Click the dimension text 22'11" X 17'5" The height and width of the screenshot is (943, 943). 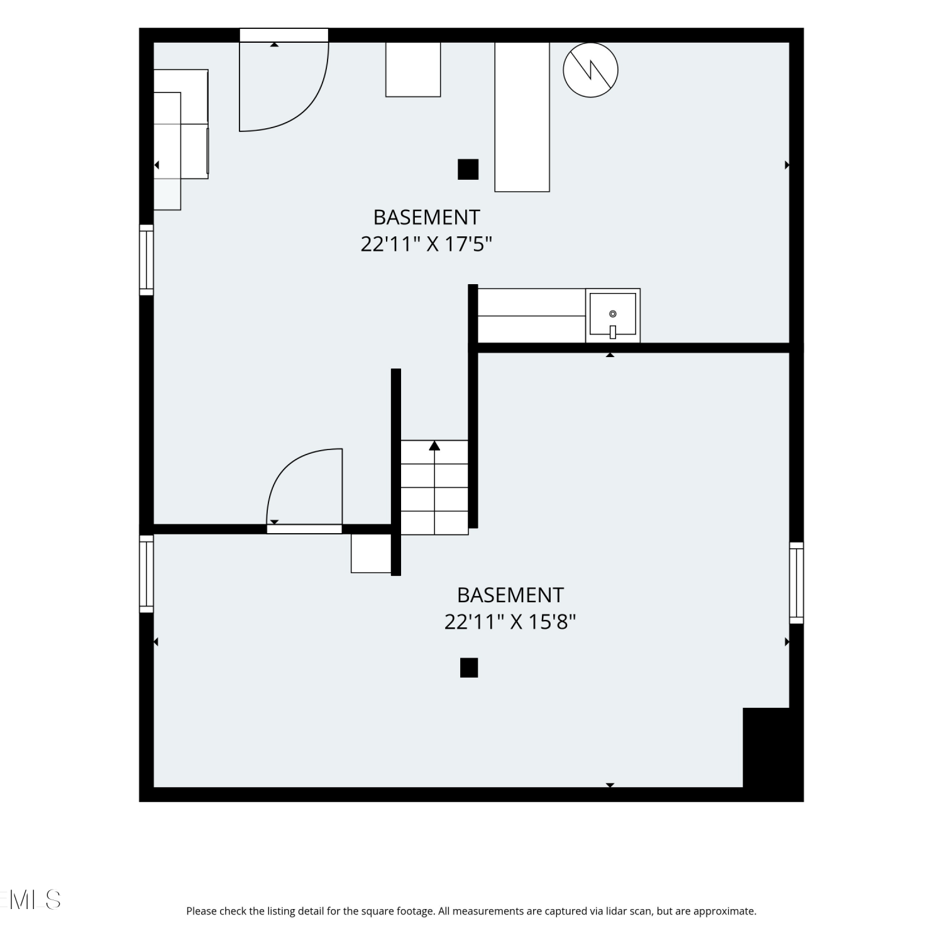(x=426, y=244)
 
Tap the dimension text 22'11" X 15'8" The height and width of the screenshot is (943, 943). (x=510, y=622)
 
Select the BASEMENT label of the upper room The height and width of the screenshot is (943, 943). (x=426, y=217)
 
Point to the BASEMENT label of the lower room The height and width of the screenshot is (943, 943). (x=510, y=595)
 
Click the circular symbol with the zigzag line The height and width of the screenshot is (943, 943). (x=590, y=70)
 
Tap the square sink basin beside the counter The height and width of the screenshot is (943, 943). (x=613, y=316)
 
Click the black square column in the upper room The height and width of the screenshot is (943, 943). (x=468, y=169)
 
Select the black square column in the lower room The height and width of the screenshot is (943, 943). (x=469, y=668)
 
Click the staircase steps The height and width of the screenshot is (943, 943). (x=434, y=487)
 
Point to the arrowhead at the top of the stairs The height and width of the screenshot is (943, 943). (x=434, y=446)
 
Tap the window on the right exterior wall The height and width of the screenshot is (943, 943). (x=797, y=583)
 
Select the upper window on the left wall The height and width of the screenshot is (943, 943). (x=146, y=260)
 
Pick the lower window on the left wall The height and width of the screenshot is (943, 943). (x=146, y=574)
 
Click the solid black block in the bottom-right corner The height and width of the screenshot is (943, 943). (x=773, y=753)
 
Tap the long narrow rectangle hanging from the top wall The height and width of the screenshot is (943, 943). (x=522, y=116)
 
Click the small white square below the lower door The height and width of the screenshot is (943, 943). (x=371, y=553)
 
